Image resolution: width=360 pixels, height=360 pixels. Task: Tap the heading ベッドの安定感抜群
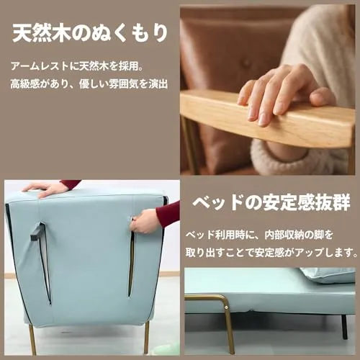[x=271, y=203]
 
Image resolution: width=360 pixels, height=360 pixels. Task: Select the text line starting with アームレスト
[x=77, y=66]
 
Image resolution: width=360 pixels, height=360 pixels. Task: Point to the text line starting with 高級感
[x=89, y=84]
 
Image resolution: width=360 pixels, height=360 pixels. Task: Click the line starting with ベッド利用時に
[x=260, y=235]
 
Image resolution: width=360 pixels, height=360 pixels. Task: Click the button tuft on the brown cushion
[x=246, y=63]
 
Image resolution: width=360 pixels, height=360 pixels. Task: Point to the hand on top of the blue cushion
[x=45, y=189]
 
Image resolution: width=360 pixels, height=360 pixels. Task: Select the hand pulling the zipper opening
[x=144, y=221]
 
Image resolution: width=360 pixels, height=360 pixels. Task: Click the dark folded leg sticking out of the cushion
[x=38, y=232]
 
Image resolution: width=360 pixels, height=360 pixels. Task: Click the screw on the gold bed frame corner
[x=225, y=307]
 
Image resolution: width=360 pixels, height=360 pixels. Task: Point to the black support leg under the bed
[x=345, y=326]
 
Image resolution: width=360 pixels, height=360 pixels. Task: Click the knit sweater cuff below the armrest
[x=279, y=153]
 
